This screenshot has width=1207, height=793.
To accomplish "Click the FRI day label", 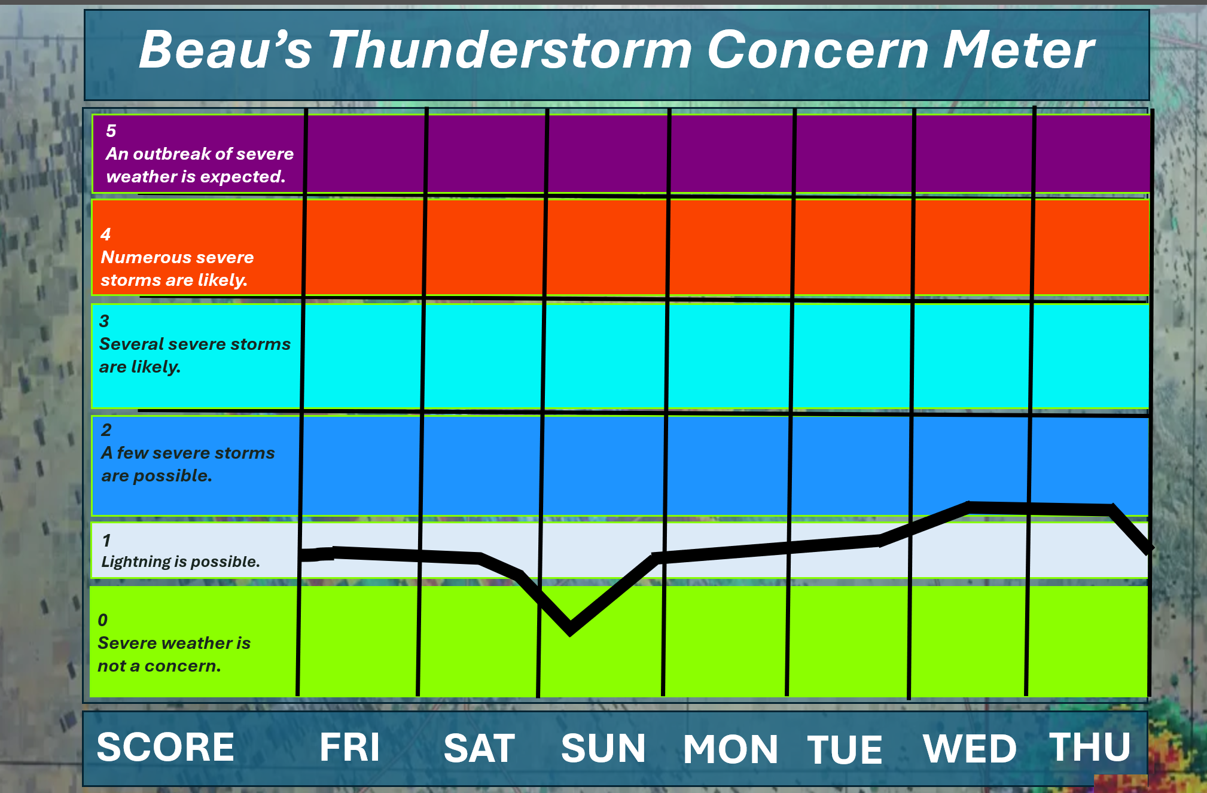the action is tap(350, 747).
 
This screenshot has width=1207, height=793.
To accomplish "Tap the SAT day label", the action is tap(479, 748).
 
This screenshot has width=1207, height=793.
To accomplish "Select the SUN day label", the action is tap(603, 748).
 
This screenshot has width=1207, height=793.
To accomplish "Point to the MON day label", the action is tap(730, 749).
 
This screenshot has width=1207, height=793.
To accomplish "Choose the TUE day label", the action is tap(845, 750).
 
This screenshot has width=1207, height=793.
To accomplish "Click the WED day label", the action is tap(970, 749).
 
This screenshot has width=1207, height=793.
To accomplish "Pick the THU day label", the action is tap(1090, 747).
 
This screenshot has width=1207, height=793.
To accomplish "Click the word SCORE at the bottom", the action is tap(166, 747).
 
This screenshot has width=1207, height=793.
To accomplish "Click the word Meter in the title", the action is tap(1019, 50).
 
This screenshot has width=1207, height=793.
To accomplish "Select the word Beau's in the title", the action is tap(225, 50).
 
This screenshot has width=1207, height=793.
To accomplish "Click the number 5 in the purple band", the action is tap(111, 131).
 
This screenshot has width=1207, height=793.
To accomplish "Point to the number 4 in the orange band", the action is tap(106, 234).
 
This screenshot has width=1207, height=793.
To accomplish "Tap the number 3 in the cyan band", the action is tap(104, 321).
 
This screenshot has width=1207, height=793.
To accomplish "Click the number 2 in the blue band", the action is tap(106, 430).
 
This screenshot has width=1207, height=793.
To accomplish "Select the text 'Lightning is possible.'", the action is tap(181, 562).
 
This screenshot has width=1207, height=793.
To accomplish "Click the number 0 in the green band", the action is tap(103, 620).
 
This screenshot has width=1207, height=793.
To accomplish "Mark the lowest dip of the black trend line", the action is tap(570, 630).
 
